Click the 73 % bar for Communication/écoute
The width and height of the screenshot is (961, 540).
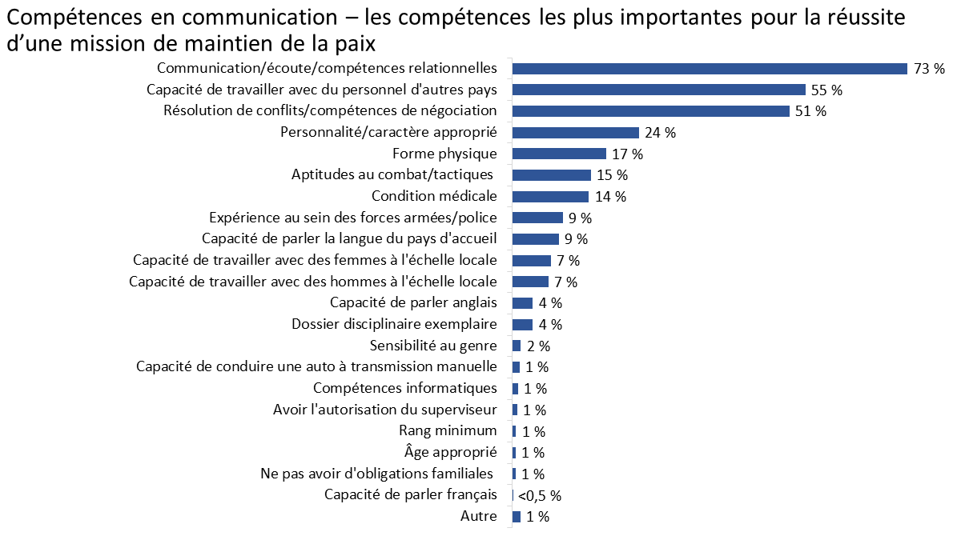[x=710, y=68]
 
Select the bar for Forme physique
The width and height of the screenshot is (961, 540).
[x=559, y=154]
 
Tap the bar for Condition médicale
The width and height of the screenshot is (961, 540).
[x=550, y=196]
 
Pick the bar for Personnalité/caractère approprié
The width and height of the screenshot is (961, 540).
[x=575, y=132]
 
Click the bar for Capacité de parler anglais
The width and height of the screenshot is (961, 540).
[x=522, y=302]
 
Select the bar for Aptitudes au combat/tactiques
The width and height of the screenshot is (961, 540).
[x=551, y=174]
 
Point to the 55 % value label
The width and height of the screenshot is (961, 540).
[x=826, y=90]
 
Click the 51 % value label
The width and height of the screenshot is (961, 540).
[x=810, y=111]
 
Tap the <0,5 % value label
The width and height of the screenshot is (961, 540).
[x=539, y=496]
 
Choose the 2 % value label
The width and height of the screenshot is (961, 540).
[x=538, y=346]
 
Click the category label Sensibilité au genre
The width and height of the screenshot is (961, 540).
[x=433, y=346]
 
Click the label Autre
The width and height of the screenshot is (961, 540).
[x=478, y=517]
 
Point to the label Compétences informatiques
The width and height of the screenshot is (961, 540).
[x=404, y=388]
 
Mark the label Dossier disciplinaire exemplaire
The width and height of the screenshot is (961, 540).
[x=394, y=324]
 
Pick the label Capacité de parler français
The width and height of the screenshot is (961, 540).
[x=410, y=494]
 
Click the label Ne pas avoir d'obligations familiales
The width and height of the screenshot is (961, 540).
[x=376, y=474]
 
